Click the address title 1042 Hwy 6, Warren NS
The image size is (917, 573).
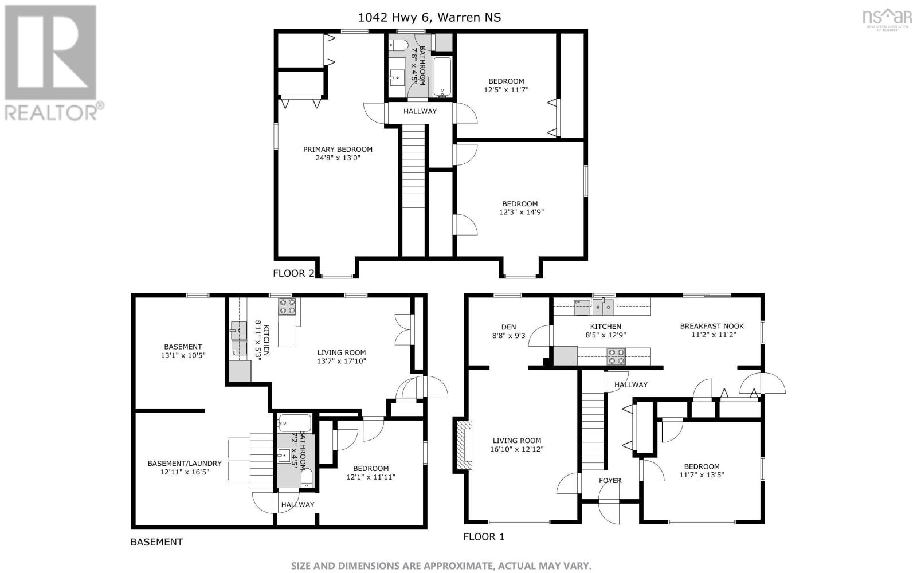tap(429, 18)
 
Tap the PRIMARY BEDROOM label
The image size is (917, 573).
tap(338, 150)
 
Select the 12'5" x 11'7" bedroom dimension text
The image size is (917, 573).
tap(506, 89)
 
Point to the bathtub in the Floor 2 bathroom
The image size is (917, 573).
tap(442, 77)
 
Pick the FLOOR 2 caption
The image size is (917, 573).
tap(293, 273)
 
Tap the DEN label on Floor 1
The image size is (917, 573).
tap(509, 327)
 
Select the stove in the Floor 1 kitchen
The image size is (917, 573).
tap(616, 356)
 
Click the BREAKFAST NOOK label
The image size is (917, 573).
tap(712, 326)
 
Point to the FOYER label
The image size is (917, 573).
tap(610, 481)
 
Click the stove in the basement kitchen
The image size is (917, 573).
tap(287, 307)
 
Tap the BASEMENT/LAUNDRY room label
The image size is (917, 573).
tap(184, 464)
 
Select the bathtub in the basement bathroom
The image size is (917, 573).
tap(295, 423)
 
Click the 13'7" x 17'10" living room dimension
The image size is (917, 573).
tap(342, 361)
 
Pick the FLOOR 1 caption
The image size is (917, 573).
tap(484, 536)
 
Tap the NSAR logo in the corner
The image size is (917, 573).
tap(887, 19)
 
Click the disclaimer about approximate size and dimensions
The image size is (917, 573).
tap(441, 566)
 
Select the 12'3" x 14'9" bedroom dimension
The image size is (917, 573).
tap(521, 213)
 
